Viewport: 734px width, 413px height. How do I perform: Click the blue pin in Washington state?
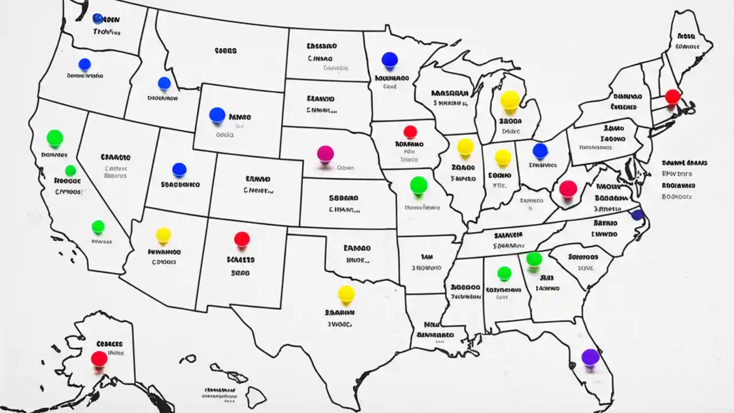click(97, 18)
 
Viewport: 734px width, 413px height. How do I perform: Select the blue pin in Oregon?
click(85, 64)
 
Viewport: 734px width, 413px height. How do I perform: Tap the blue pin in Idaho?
click(164, 83)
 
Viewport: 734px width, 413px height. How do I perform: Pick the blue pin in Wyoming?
click(217, 115)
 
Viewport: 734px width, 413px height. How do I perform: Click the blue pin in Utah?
click(179, 170)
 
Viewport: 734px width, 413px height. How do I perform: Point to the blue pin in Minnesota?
click(389, 60)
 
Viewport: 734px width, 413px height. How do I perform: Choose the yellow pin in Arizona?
click(163, 235)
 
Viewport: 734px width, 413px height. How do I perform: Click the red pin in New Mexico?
click(242, 239)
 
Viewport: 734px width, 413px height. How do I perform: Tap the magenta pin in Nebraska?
click(325, 153)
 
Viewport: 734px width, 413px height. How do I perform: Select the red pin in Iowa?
click(410, 132)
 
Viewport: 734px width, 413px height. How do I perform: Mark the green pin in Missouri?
click(419, 185)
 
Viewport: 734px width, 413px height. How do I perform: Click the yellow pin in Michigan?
click(509, 99)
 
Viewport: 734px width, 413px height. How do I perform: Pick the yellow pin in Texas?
click(346, 294)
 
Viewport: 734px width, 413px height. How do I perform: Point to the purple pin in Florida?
click(590, 357)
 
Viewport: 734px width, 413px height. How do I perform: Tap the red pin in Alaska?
click(99, 359)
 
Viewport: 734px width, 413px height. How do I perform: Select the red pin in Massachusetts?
click(673, 96)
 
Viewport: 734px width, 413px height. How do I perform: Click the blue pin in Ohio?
click(540, 151)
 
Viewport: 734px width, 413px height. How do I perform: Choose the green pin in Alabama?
click(504, 273)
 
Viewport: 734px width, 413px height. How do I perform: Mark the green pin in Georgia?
click(534, 259)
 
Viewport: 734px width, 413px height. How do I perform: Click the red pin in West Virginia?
click(568, 188)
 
